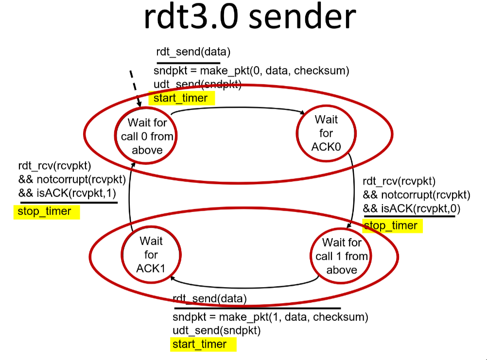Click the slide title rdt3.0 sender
[x=249, y=18]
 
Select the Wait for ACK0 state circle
[x=326, y=133]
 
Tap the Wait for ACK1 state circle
[x=150, y=254]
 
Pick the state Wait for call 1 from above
[x=341, y=256]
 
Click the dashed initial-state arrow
[x=135, y=87]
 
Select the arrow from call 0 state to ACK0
[x=238, y=109]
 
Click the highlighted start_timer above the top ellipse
[x=181, y=99]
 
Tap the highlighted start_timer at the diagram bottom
[x=199, y=344]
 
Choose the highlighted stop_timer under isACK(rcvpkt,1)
[x=44, y=211]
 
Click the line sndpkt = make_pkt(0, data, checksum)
[x=251, y=71]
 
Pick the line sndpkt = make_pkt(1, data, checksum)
[x=270, y=318]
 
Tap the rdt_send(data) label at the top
[x=192, y=52]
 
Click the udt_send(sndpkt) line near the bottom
[x=217, y=331]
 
